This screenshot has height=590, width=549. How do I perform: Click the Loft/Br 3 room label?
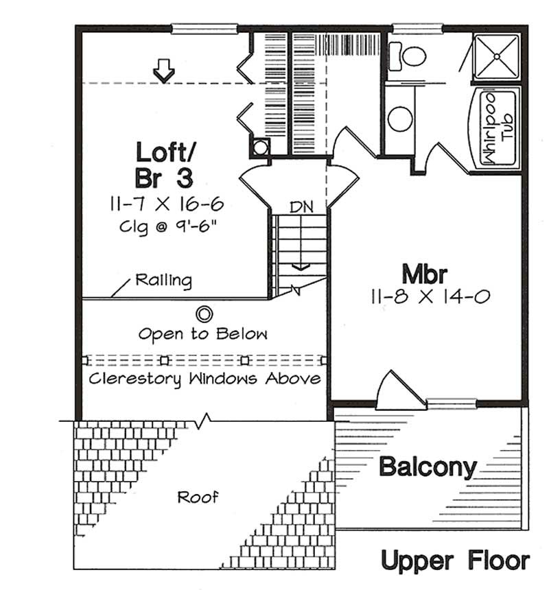click(x=164, y=165)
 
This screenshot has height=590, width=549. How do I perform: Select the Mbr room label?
click(x=425, y=274)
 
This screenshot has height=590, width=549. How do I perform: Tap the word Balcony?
click(x=428, y=467)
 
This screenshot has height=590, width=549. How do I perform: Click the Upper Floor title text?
click(x=455, y=560)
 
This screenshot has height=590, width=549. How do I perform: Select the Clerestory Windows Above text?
click(x=204, y=379)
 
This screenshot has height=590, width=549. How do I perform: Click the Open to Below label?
click(x=202, y=334)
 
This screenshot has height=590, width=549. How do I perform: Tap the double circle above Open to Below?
click(x=204, y=314)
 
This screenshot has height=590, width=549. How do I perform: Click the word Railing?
click(x=163, y=280)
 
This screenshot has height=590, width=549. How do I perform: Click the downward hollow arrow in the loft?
click(x=163, y=71)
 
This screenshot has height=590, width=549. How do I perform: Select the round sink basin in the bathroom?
click(x=399, y=118)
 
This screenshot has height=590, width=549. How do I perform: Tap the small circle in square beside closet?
click(x=260, y=147)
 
